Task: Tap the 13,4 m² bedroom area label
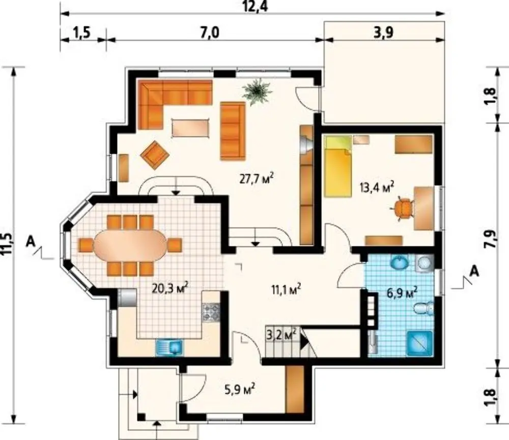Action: [377, 187]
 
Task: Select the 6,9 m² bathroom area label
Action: [402, 293]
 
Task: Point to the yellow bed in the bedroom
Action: [338, 167]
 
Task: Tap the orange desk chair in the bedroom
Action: [403, 208]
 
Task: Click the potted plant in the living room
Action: [258, 91]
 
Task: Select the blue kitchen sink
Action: [170, 347]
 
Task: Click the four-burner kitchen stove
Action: [211, 312]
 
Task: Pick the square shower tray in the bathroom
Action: [420, 343]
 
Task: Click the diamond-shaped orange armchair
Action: [155, 155]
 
